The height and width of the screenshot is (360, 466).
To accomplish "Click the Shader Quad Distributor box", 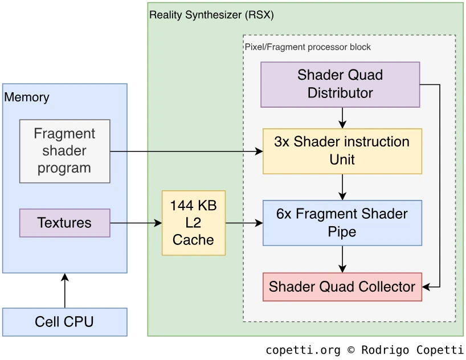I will point(340,84).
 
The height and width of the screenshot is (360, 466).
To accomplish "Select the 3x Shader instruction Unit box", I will point(342,150).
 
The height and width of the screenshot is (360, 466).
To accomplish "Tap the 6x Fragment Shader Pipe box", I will point(342,223).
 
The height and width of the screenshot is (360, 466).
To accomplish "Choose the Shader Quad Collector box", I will point(342,287).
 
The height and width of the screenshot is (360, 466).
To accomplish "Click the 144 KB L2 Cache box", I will point(194,223).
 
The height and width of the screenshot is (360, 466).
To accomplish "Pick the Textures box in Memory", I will point(64,223).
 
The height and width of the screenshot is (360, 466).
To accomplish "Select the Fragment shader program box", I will point(64,151).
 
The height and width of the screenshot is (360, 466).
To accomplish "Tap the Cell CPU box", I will point(64,322).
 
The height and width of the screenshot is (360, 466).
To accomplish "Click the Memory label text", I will point(27,97).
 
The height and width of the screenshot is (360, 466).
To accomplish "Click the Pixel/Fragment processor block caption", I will point(308,47).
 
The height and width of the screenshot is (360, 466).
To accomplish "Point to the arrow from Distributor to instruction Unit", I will point(342,117).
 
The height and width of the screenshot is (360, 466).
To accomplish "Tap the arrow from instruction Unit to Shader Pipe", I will point(342,187).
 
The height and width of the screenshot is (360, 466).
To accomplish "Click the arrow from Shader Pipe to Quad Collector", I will point(342,259).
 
